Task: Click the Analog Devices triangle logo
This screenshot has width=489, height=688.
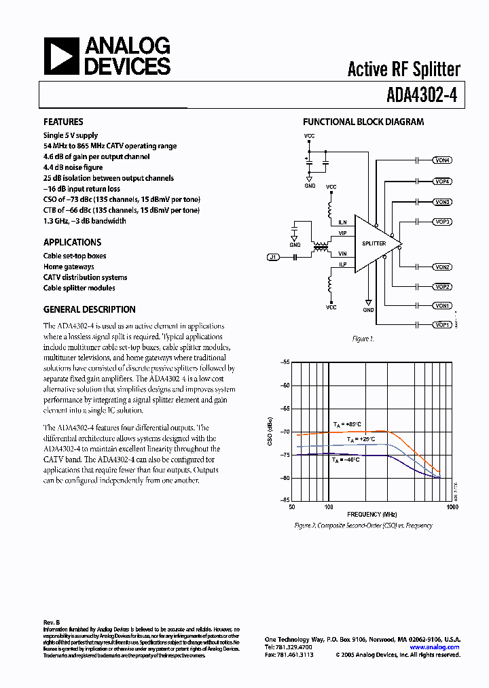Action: (61, 56)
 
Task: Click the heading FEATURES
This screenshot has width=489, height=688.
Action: (63, 122)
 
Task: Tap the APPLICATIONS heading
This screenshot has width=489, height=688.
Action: (72, 242)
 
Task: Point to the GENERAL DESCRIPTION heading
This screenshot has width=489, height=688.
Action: (89, 309)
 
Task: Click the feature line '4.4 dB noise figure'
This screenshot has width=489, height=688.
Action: (73, 167)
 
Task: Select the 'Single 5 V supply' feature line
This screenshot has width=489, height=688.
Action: (71, 135)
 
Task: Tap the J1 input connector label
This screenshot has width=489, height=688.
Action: (273, 257)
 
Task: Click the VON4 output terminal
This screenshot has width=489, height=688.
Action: (442, 160)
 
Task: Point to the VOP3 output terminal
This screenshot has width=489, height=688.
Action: (442, 222)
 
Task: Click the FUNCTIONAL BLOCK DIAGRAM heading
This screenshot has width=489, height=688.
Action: (363, 122)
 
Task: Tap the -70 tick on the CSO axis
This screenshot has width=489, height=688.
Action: (284, 432)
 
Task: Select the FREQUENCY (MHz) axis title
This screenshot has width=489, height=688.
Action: (372, 515)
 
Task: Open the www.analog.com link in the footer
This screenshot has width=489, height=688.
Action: (435, 647)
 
